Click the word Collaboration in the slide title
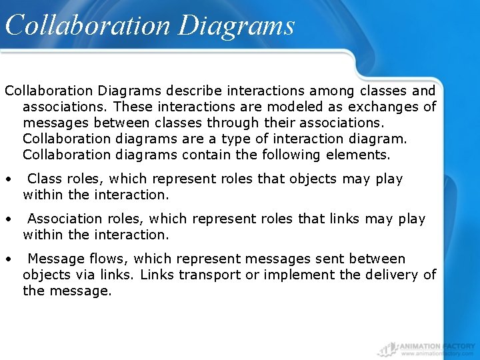tap(87, 25)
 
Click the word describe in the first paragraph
tap(197, 90)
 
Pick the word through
tap(238, 123)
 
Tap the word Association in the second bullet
tap(66, 219)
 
